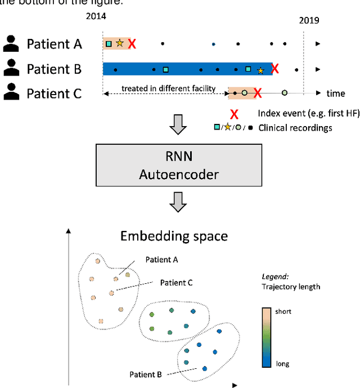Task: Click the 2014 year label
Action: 96,16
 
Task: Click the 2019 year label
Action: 309,20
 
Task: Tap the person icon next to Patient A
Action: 10,43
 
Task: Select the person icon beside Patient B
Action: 10,69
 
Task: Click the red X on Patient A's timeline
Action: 132,43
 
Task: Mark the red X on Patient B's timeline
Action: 275,69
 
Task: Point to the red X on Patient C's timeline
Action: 257,93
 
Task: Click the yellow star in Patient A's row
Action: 119,43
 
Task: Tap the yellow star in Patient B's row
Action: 260,70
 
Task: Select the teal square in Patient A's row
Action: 109,43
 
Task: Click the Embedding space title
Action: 174,235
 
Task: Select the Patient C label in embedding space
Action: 176,283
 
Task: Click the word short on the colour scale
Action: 283,311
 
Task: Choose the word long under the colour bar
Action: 282,363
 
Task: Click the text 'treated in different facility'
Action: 169,88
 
